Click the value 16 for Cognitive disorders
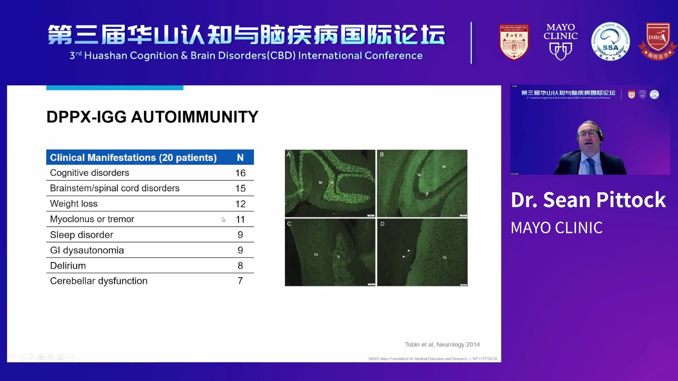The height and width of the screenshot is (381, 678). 240,173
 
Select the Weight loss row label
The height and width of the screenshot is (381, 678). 73,204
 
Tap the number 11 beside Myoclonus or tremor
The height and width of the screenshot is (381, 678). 240,219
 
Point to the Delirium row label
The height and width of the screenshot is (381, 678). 68,266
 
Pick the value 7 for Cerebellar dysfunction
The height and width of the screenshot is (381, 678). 240,281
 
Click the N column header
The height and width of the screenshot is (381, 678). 240,157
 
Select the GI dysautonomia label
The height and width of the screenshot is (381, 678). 87,250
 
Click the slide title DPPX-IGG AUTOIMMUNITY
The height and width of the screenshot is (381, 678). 152,117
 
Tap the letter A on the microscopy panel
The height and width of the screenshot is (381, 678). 289,155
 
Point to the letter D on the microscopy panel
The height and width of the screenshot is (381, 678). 382,224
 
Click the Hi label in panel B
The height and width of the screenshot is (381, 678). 444,167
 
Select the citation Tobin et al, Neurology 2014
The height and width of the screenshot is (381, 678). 442,344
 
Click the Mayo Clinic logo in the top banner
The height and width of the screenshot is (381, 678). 560,41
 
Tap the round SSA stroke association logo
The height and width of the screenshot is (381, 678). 610,41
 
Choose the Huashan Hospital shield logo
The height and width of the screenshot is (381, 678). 514,41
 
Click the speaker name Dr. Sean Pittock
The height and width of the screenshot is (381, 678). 588,200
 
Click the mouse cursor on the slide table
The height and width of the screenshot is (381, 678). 224,220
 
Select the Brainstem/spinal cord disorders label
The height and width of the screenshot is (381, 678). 115,188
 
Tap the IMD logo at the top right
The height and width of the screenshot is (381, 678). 657,41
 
